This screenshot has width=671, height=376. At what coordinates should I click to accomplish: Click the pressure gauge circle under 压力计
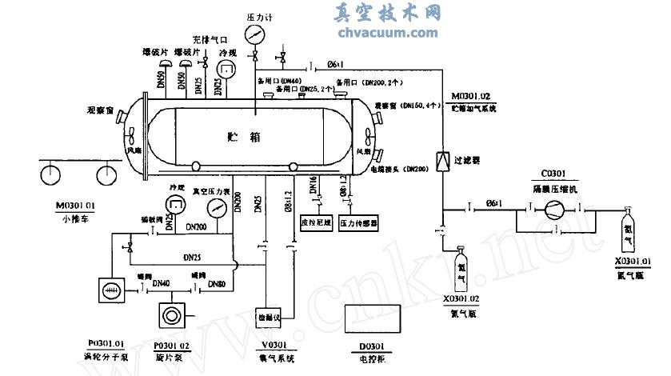coord(255,34)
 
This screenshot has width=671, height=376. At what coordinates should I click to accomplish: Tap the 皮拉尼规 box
coord(315,222)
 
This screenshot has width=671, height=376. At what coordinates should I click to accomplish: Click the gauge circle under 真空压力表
coord(215,209)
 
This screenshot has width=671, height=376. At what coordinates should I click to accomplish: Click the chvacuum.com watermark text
coord(388,33)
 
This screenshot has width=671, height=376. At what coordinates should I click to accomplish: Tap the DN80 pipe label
coord(217,284)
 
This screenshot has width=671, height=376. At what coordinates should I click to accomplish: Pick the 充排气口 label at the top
coord(210,38)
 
